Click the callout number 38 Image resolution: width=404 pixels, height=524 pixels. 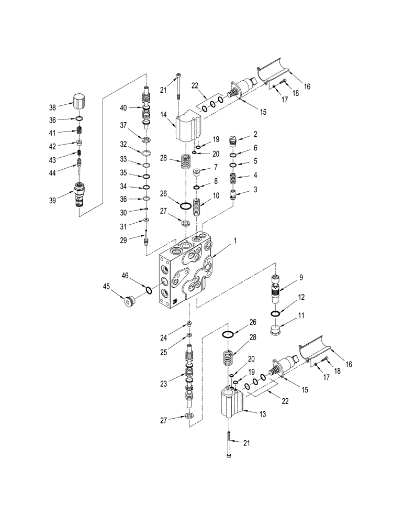tap(52, 107)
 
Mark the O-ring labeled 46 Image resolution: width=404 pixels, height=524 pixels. tap(149, 290)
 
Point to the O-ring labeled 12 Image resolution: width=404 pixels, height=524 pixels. tap(276, 313)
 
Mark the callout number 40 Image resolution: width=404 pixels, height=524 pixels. tap(124, 108)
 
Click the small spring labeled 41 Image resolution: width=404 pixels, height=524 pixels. tap(79, 131)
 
